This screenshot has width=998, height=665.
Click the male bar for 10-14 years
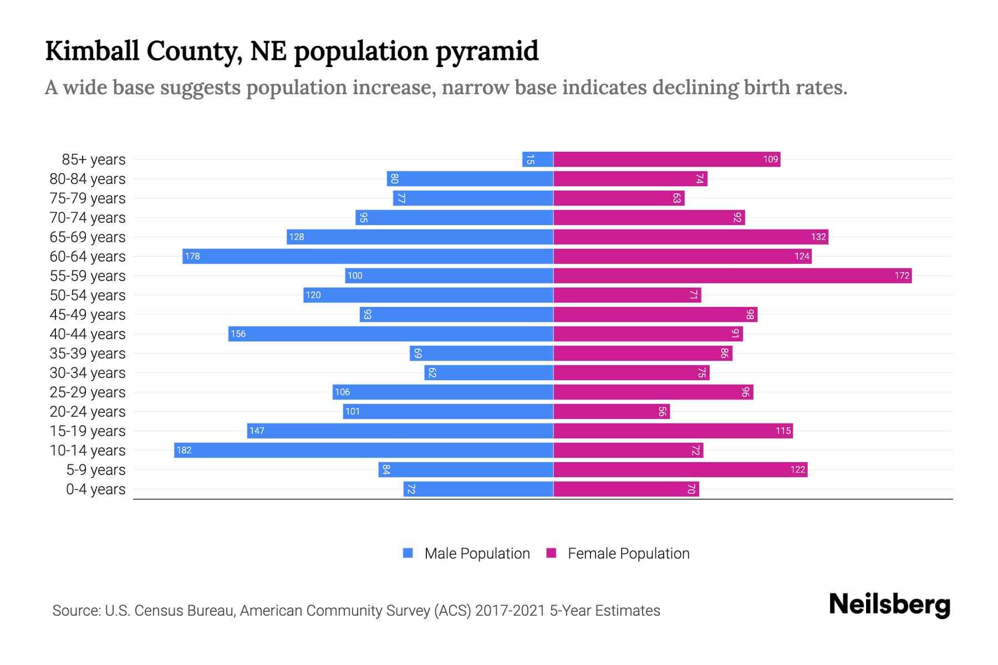point(364,450)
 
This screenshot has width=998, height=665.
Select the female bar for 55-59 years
point(732,275)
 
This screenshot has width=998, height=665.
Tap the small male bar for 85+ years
point(537,159)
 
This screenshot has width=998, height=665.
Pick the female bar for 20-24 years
point(611,411)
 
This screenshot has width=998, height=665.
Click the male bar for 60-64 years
point(368,256)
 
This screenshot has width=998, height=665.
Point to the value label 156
point(238,334)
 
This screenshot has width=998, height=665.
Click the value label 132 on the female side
point(818,237)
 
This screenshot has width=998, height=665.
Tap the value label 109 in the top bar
point(770,159)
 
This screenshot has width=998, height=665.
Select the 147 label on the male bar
point(257,431)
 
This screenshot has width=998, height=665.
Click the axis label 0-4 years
point(95,489)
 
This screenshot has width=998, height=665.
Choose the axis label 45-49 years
point(88,315)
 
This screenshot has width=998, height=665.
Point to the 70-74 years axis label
point(88,218)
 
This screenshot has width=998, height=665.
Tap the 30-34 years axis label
point(88,373)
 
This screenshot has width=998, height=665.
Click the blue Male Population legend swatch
point(408,553)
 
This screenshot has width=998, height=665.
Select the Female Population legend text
point(628,554)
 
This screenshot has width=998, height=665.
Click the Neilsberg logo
point(889,605)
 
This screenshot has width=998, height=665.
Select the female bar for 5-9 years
point(680,469)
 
